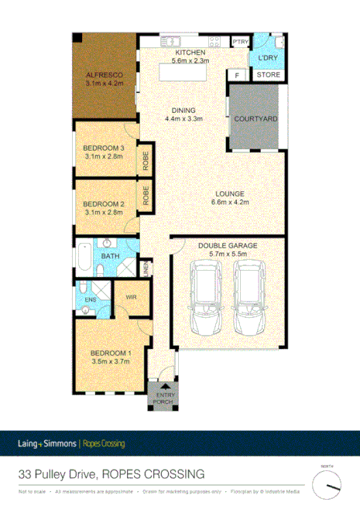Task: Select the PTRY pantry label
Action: [240, 42]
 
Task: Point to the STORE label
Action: [268, 75]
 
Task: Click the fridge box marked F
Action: [237, 75]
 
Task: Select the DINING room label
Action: [183, 110]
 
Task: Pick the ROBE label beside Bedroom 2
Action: [145, 193]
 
